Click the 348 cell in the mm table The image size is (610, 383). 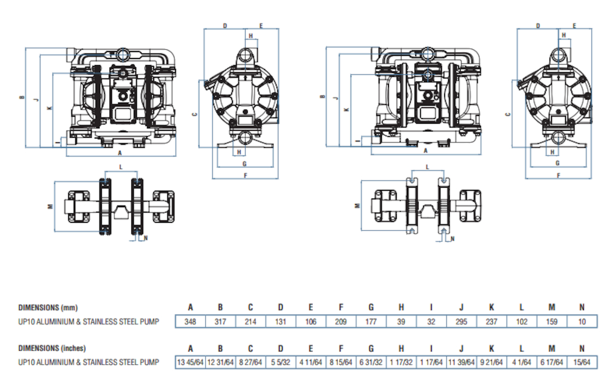190,322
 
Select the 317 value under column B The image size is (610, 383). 220,322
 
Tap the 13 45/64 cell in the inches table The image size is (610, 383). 190,362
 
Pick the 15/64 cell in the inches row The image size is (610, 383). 582,362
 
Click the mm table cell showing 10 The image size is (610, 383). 582,322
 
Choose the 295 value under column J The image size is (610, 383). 461,322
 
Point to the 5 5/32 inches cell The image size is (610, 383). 281,362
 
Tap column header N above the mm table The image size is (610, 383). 582,307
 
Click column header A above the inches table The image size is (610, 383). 190,348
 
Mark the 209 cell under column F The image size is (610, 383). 341,322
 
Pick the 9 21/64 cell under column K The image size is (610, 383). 491,362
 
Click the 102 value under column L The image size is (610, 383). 522,322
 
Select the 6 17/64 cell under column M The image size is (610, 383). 552,362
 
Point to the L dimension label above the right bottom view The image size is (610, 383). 427,167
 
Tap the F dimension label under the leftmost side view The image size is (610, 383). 245,176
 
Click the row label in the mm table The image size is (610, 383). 89,322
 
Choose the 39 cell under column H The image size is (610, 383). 401,322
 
